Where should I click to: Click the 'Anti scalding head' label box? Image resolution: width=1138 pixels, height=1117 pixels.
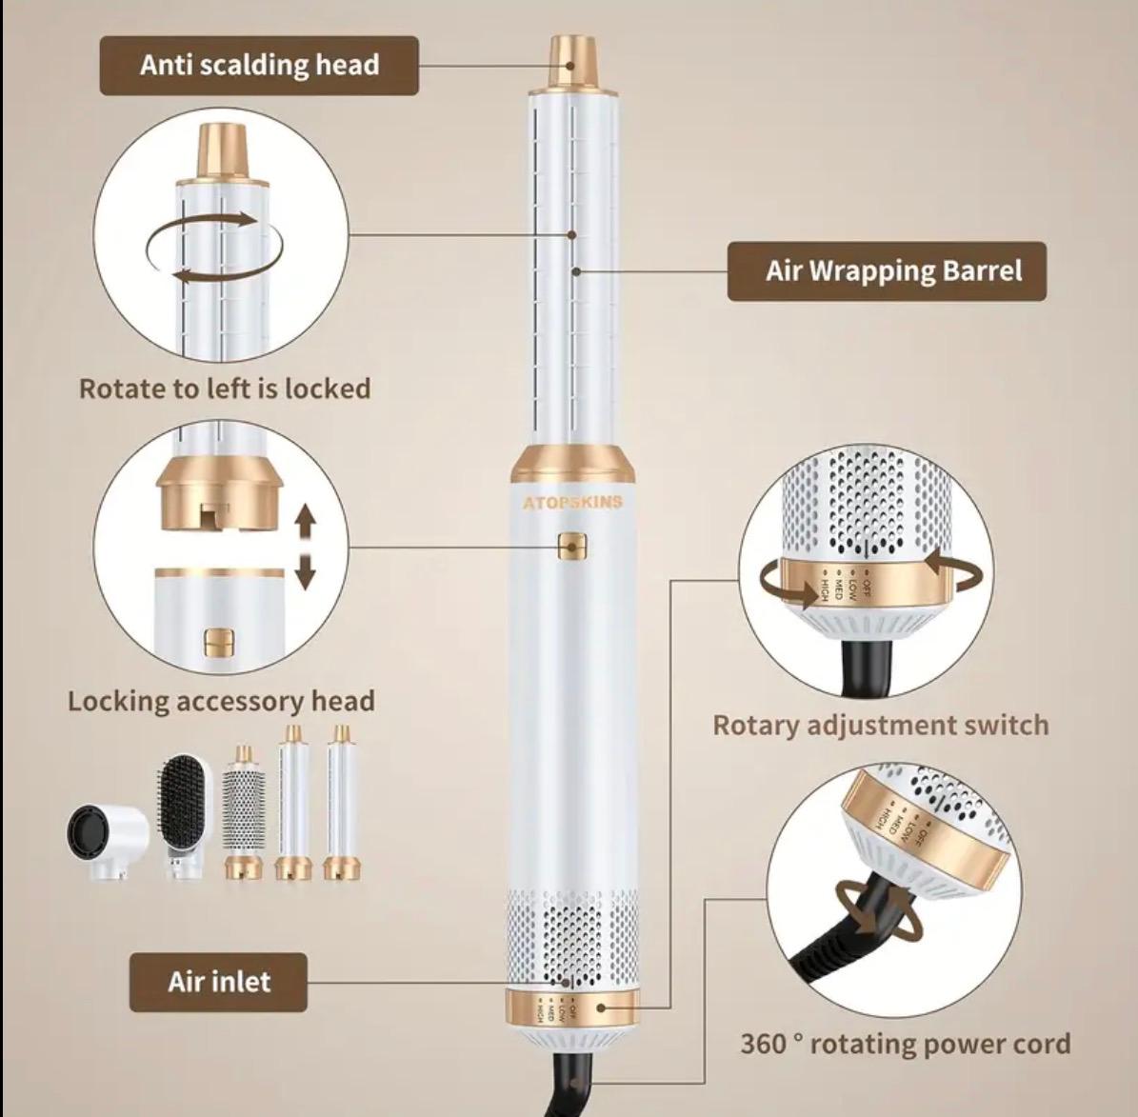pyautogui.click(x=259, y=66)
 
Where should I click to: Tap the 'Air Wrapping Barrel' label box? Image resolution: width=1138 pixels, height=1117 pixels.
pyautogui.click(x=887, y=271)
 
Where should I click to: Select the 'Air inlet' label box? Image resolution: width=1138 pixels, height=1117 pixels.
pyautogui.click(x=218, y=982)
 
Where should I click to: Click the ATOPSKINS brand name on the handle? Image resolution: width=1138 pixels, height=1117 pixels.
pyautogui.click(x=572, y=502)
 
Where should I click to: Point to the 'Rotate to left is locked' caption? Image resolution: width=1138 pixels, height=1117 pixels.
pyautogui.click(x=225, y=389)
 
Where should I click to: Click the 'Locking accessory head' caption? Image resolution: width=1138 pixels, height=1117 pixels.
pyautogui.click(x=221, y=702)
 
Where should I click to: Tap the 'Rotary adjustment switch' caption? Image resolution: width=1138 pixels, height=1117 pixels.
pyautogui.click(x=880, y=726)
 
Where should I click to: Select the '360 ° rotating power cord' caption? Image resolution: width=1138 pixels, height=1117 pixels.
pyautogui.click(x=905, y=1044)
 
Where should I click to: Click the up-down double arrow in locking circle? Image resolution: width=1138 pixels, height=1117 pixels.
pyautogui.click(x=305, y=547)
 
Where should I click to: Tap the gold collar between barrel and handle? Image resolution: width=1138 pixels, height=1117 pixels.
pyautogui.click(x=572, y=465)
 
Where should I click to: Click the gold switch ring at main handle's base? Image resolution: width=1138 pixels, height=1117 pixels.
pyautogui.click(x=572, y=1007)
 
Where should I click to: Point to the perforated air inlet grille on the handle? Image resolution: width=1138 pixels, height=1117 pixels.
pyautogui.click(x=572, y=937)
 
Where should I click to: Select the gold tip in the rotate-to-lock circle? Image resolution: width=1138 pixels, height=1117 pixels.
pyautogui.click(x=222, y=151)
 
